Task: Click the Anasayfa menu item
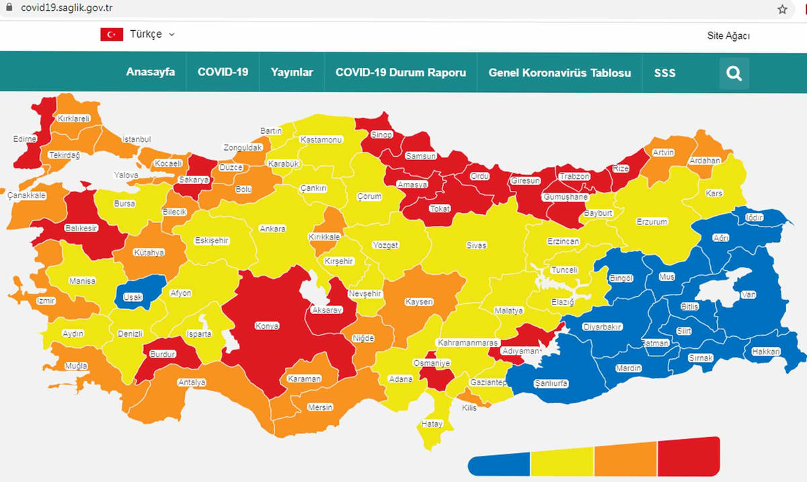tap(151, 73)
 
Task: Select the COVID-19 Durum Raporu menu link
tap(401, 73)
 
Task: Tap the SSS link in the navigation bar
tap(664, 73)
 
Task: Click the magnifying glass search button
tap(734, 73)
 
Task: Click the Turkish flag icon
tap(112, 34)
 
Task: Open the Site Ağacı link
tap(728, 36)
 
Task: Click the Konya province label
tap(267, 326)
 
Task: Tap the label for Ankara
tap(273, 229)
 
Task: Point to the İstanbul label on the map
tap(137, 139)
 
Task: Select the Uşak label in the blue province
tap(137, 296)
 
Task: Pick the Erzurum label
tap(652, 222)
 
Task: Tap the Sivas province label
tap(476, 245)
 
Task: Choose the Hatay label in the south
tap(432, 424)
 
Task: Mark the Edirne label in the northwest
tap(26, 139)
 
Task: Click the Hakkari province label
tap(766, 352)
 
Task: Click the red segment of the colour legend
tap(688, 456)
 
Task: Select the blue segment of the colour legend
tap(499, 463)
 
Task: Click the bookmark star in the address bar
tap(782, 9)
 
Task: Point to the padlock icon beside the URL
tap(9, 8)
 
